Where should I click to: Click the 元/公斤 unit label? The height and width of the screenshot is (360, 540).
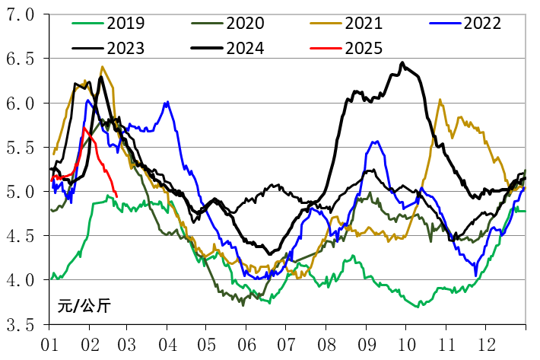click(x=83, y=307)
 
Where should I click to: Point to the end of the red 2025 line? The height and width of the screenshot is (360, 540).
click(x=116, y=196)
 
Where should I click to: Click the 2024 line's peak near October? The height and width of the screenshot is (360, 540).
click(x=402, y=62)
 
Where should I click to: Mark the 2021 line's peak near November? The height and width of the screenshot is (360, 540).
click(x=440, y=100)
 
